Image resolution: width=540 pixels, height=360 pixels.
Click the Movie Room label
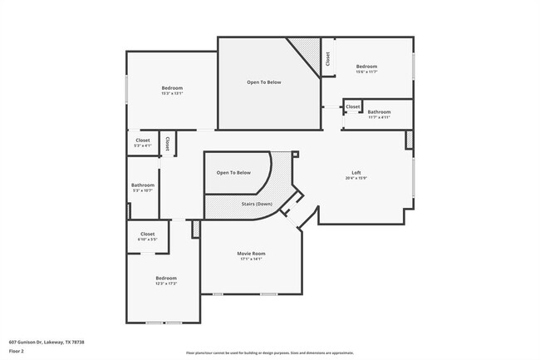click(252, 253)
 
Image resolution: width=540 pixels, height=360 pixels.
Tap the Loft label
click(356, 173)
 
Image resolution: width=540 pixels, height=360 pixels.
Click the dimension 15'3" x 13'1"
click(172, 93)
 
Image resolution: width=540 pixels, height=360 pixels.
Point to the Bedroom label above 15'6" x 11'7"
click(367, 67)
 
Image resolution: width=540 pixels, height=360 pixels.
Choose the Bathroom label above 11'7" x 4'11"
click(379, 111)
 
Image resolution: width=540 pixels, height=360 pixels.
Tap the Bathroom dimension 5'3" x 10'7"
click(143, 190)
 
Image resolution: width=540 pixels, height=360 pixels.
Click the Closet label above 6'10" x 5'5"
click(148, 234)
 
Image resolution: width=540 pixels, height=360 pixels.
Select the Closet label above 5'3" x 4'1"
click(143, 140)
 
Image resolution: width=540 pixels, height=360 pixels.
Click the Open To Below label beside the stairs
click(233, 172)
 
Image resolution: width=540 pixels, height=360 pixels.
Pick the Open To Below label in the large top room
click(264, 82)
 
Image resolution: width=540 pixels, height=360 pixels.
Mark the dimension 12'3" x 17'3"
click(166, 284)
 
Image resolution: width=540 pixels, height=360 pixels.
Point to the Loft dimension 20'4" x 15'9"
click(356, 179)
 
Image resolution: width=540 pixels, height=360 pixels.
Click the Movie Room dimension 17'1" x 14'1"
click(252, 259)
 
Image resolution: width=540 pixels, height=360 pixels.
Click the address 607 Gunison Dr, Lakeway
click(47, 342)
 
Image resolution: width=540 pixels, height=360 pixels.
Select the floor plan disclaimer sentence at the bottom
click(269, 353)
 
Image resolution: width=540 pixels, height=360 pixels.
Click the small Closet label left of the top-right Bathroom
click(353, 106)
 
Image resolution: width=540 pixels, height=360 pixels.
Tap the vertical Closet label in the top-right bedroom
click(328, 58)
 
